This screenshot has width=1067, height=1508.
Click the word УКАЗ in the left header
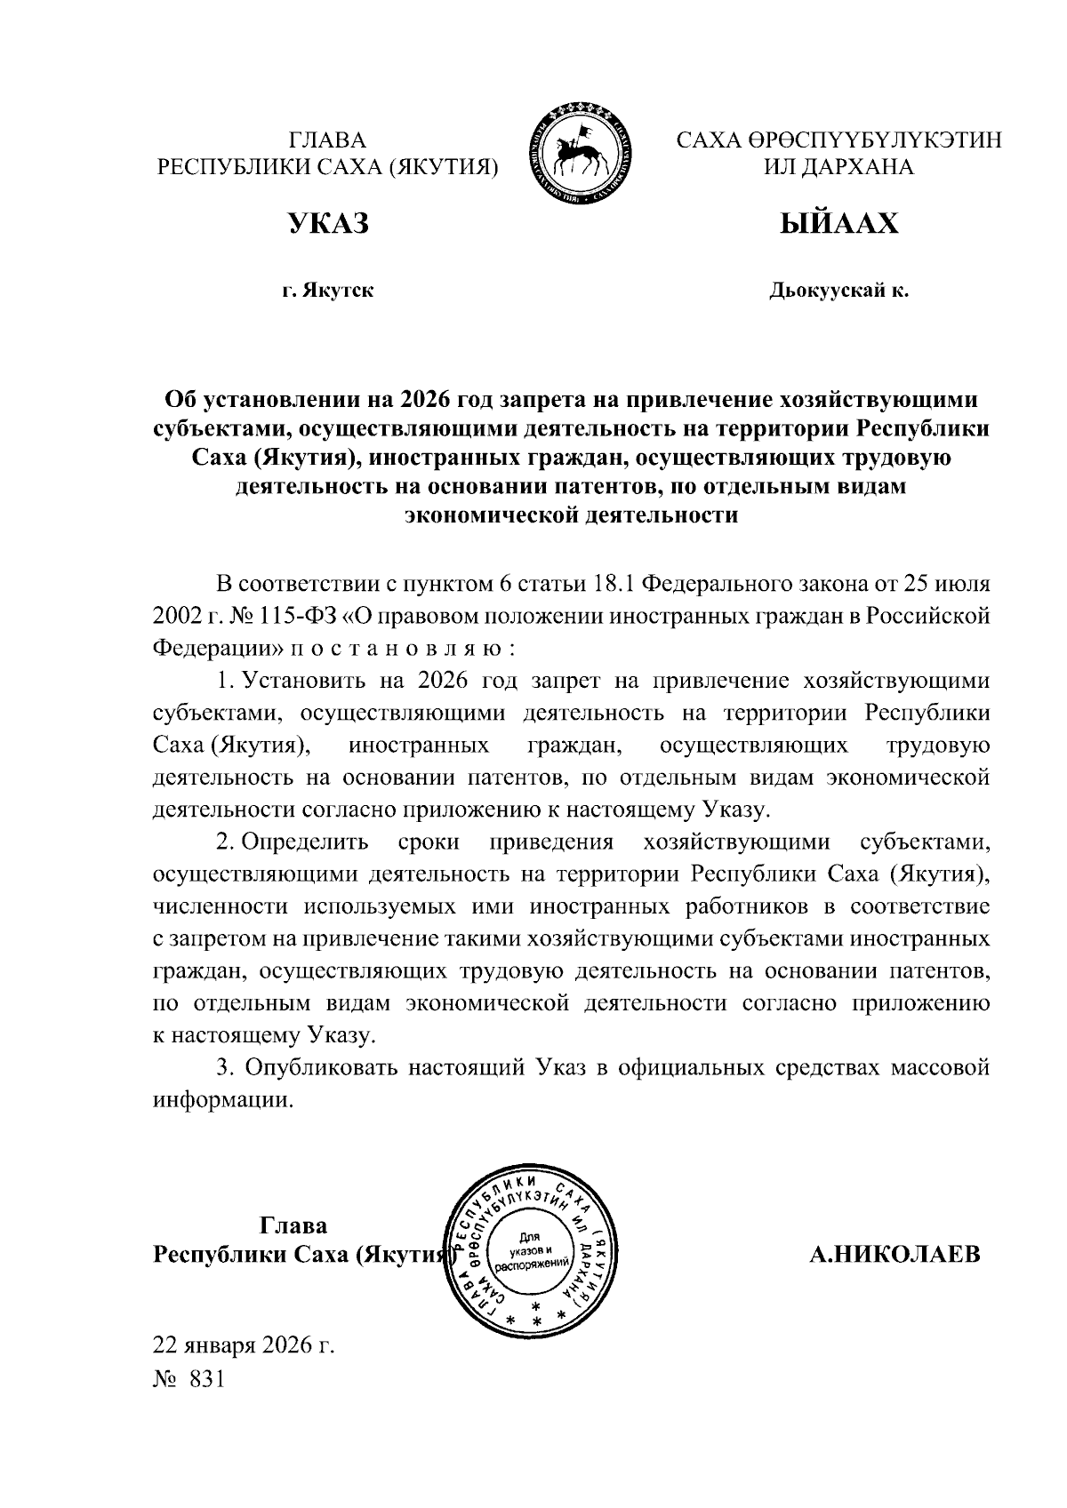coord(327,224)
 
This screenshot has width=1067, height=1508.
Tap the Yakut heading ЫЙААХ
coord(838,224)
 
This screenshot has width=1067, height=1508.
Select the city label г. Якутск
coord(327,291)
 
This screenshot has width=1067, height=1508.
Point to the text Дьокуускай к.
coord(838,291)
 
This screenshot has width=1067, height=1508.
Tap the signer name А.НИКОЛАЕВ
coord(895,1255)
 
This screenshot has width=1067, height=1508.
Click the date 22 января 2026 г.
coord(244,1345)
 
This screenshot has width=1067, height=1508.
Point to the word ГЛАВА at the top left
coord(327,140)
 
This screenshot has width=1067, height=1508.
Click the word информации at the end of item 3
coord(222,1100)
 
